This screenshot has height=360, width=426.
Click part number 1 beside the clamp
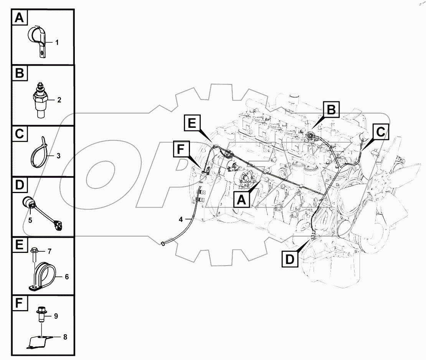click(57, 43)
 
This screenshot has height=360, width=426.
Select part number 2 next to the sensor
click(59, 100)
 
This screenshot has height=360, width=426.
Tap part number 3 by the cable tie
click(58, 156)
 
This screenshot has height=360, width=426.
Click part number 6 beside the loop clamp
click(66, 276)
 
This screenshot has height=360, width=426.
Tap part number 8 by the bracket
click(65, 337)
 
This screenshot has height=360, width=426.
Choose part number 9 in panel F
click(56, 316)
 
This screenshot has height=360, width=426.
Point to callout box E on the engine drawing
click(192, 123)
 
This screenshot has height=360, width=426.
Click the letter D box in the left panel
click(20, 185)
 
